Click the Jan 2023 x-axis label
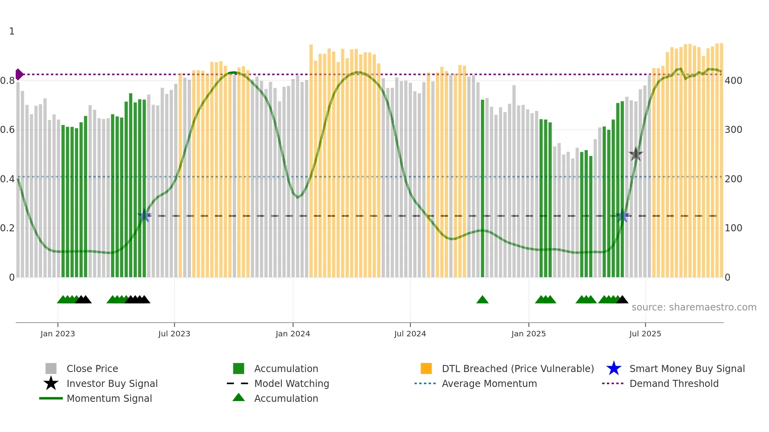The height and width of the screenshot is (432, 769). [x=58, y=334]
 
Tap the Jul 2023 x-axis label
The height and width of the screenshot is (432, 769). [x=174, y=334]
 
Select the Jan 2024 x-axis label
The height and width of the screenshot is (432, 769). [x=293, y=334]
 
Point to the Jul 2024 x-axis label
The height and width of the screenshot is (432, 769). [x=410, y=334]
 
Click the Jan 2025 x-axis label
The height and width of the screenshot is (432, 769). [x=528, y=334]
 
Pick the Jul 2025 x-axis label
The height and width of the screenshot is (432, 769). [x=645, y=334]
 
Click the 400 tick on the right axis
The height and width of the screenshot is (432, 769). [x=733, y=81]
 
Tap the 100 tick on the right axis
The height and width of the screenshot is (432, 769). [x=733, y=228]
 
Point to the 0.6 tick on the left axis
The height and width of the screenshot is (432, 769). [x=7, y=130]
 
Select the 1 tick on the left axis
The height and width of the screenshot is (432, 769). [x=12, y=31]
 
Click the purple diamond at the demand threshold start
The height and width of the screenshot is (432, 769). [x=19, y=74]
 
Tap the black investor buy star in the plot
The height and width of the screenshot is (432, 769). [x=636, y=154]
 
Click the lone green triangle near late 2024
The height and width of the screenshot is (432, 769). [x=482, y=300]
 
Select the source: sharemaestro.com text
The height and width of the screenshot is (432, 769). [x=694, y=307]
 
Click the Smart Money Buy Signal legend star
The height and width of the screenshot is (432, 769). [x=614, y=368]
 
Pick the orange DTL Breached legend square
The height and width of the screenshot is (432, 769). [x=426, y=368]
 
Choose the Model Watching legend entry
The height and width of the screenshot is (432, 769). [x=292, y=383]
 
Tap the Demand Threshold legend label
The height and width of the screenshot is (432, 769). [x=674, y=383]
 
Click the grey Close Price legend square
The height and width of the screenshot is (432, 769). [x=51, y=368]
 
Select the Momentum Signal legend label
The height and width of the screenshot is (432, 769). [x=109, y=398]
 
